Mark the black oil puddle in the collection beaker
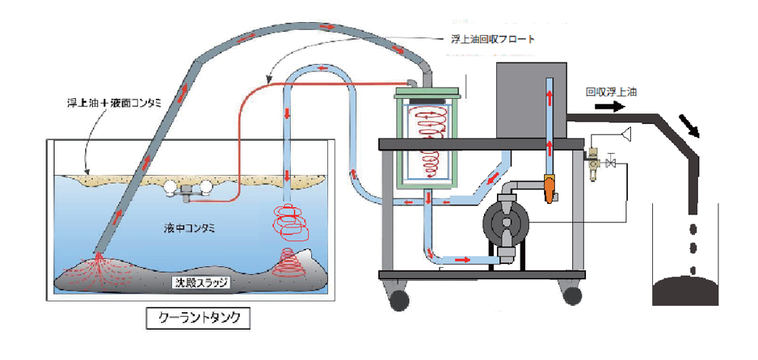[x=690, y=292]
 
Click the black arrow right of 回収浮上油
[x=590, y=107]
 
